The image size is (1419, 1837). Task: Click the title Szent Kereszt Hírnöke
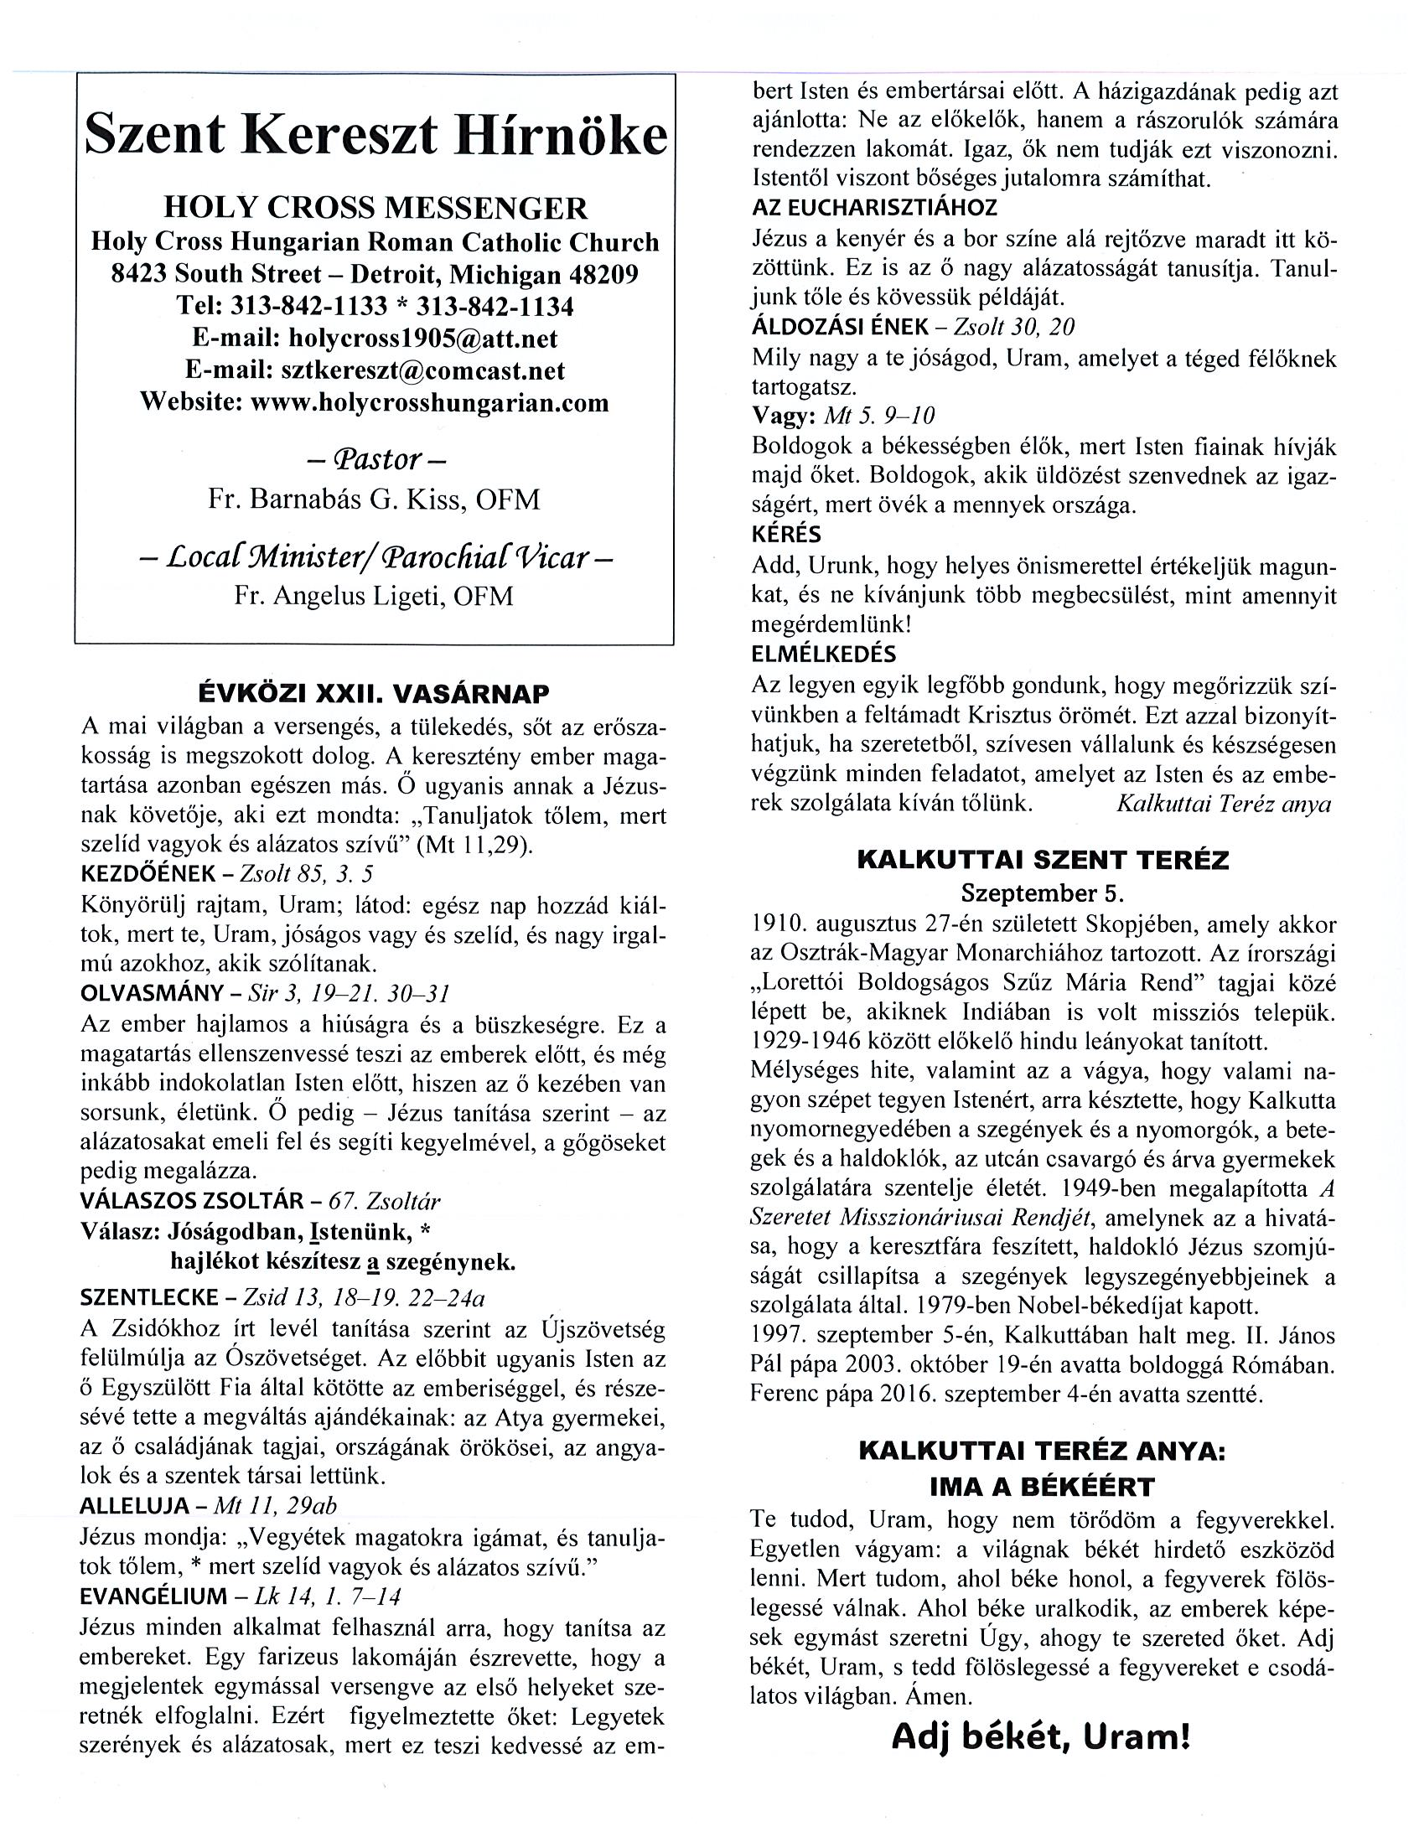(375, 137)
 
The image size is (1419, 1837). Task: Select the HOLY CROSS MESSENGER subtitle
(375, 208)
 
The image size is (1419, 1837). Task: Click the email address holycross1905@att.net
(422, 338)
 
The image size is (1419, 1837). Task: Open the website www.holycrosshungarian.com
(429, 402)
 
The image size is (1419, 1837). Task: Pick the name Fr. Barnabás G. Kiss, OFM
(375, 499)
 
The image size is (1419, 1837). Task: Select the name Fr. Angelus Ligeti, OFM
(375, 596)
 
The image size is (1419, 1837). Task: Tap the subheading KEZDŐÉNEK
(148, 874)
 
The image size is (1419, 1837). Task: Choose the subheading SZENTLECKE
(150, 1298)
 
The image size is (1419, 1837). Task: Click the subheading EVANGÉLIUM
(153, 1596)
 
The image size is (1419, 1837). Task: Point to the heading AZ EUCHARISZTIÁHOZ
(875, 208)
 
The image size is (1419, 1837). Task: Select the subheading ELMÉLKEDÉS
(824, 654)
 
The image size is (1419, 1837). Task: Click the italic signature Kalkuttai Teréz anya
(1224, 803)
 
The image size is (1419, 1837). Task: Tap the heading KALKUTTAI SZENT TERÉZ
(1042, 860)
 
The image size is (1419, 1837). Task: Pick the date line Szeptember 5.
(1042, 892)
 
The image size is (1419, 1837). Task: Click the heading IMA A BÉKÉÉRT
(1042, 1487)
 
